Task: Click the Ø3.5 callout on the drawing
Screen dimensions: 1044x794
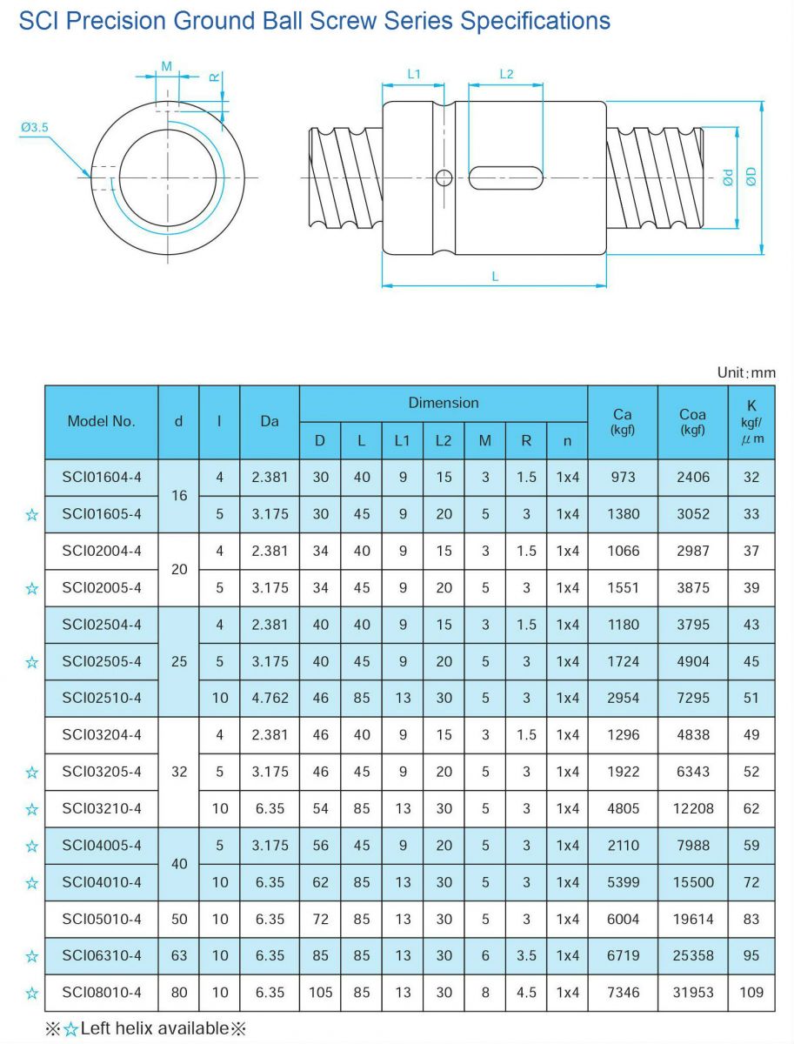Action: pos(35,128)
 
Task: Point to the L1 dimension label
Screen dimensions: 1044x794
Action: pos(414,75)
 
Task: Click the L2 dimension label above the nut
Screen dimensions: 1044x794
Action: pos(506,75)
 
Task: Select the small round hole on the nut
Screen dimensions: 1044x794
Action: pos(444,177)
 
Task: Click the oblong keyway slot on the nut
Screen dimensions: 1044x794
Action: pos(506,177)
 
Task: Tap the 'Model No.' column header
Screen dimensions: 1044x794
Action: pos(102,421)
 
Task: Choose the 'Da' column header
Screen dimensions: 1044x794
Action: pos(270,421)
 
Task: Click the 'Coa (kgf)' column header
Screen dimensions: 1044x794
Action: pos(692,421)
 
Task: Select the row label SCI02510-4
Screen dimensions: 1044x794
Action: pos(102,698)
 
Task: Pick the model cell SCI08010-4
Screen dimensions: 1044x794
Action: pos(102,992)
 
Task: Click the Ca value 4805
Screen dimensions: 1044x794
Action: pos(624,808)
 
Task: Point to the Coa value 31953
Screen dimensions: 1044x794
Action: pos(692,992)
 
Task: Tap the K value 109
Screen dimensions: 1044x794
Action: pos(751,992)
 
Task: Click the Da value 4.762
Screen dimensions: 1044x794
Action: pos(270,698)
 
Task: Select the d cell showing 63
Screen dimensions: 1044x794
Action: pos(179,955)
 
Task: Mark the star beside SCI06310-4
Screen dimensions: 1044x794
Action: pos(32,956)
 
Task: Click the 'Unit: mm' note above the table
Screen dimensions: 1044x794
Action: pos(745,372)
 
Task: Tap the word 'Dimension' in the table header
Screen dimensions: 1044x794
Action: pos(444,403)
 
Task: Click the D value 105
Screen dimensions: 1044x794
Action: pos(321,992)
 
